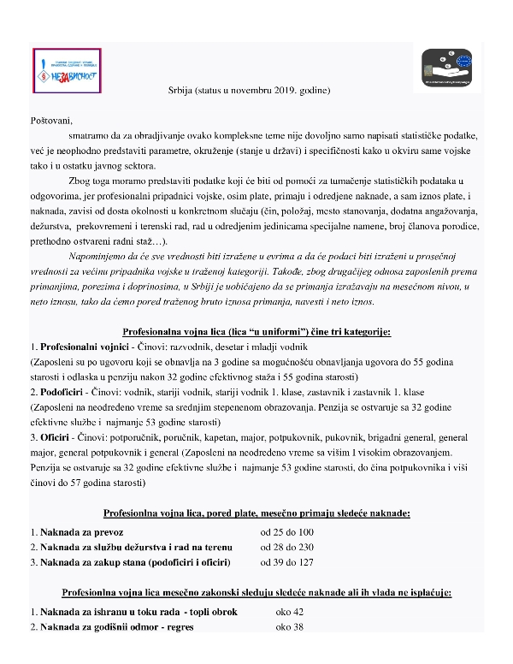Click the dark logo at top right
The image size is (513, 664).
[449, 66]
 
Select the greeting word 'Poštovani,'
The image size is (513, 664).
[52, 119]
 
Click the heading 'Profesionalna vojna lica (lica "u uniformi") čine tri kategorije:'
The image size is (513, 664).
[256, 331]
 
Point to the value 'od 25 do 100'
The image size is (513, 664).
[287, 532]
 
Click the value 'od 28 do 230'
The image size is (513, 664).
[287, 547]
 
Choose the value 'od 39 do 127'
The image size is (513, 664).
[287, 562]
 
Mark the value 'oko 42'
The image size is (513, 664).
[290, 613]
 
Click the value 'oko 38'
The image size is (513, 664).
[290, 627]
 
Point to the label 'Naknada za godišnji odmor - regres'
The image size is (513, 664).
[111, 627]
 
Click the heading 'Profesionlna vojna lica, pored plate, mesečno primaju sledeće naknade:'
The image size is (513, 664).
[256, 513]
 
